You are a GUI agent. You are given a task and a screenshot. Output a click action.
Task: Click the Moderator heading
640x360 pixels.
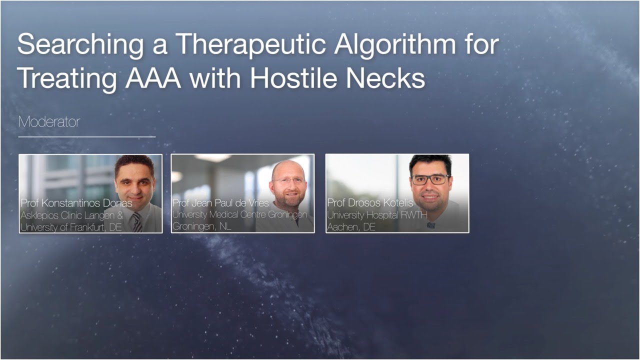tap(48, 121)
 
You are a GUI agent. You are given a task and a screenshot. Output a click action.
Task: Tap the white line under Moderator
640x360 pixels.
tap(86, 136)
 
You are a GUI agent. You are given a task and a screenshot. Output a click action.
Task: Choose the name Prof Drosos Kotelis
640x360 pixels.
tap(370, 203)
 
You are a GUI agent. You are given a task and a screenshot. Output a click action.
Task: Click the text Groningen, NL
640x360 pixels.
tap(198, 226)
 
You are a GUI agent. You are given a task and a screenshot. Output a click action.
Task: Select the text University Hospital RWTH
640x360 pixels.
tap(376, 215)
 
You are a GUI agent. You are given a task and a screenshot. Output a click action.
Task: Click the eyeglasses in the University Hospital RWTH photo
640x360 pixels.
tap(430, 179)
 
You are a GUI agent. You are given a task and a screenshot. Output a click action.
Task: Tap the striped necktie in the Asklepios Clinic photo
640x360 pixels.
tap(136, 222)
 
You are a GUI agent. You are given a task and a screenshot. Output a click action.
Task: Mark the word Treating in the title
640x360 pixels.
tap(64, 78)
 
